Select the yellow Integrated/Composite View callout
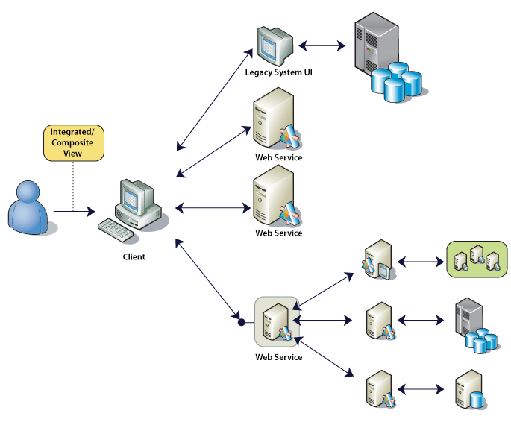coord(72,142)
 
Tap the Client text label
coord(134,257)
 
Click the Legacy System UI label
coord(278,72)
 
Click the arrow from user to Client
coord(75,212)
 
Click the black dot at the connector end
coord(240,323)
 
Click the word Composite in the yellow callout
coord(72,142)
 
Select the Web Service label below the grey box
coord(278,357)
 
